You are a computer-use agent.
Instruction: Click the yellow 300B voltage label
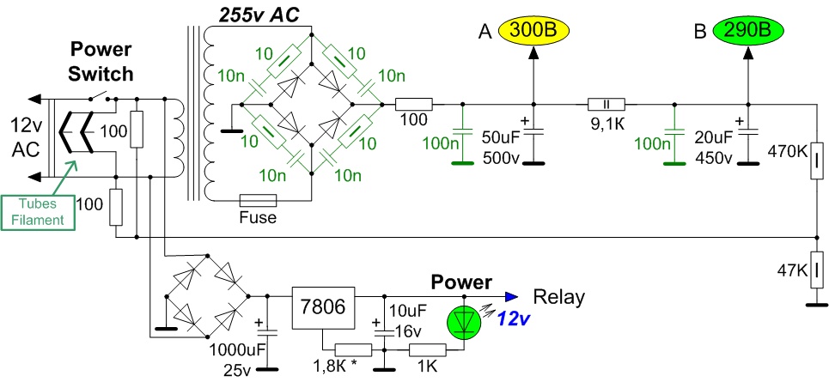click(533, 32)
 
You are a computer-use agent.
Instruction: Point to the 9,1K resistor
click(604, 104)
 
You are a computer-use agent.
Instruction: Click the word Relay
click(559, 298)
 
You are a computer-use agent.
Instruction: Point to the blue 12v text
click(514, 318)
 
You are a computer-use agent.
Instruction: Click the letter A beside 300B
click(485, 32)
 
